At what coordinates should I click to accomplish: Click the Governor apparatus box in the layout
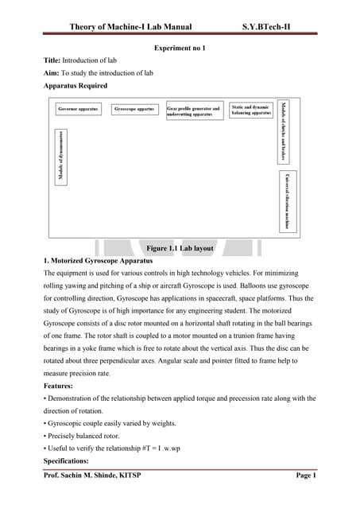click(x=79, y=109)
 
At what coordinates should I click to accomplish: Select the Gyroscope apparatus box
click(x=134, y=109)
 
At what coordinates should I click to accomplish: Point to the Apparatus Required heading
click(x=75, y=85)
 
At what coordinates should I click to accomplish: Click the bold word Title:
click(x=52, y=61)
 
